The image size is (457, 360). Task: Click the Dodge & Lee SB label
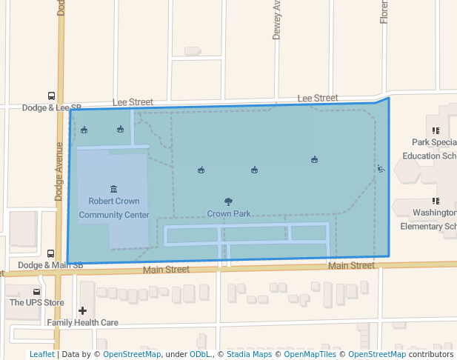coord(51,107)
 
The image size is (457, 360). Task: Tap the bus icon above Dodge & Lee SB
coord(51,96)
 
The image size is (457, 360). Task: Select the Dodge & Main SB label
coord(50,265)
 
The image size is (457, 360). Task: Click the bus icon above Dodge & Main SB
coord(50,253)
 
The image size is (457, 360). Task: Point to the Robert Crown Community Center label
coord(113,208)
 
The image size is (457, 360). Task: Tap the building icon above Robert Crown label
coord(113,189)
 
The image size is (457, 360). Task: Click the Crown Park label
coord(228,213)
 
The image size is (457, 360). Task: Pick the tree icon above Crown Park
coord(228,201)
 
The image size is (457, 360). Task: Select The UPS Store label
coord(36,302)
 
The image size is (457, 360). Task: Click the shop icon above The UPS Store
coord(36,290)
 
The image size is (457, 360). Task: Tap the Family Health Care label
coord(82,323)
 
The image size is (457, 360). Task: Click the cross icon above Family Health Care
coord(82,310)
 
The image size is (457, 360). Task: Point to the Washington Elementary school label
coord(434,219)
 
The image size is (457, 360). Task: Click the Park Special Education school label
coord(433,149)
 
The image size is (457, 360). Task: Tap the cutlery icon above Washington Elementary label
coord(436,201)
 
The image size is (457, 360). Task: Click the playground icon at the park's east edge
coord(381,169)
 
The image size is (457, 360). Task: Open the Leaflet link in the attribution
coord(41,355)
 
